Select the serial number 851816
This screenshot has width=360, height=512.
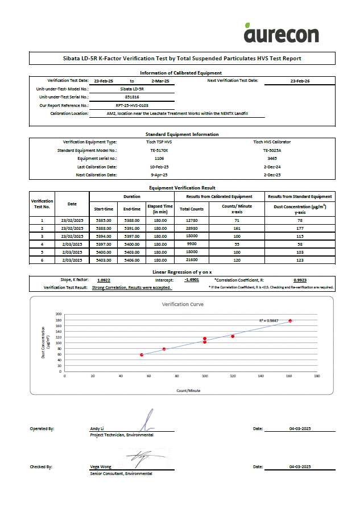pos(132,97)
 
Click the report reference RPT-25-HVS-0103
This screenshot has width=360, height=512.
pos(132,105)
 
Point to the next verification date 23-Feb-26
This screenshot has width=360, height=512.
pos(300,81)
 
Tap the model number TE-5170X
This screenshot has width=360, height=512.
pos(159,150)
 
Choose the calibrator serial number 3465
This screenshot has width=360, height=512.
pos(272,158)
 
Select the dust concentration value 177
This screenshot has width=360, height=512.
pos(299,228)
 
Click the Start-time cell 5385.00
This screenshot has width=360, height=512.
pos(104,220)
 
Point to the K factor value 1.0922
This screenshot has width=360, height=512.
pos(104,280)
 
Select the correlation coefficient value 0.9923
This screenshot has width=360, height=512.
pos(300,280)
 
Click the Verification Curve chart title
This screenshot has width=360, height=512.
pos(183,304)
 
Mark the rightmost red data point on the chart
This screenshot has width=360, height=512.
pos(290,321)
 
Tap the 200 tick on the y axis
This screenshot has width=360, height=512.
pos(59,313)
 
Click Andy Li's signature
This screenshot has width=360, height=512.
pos(147,421)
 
